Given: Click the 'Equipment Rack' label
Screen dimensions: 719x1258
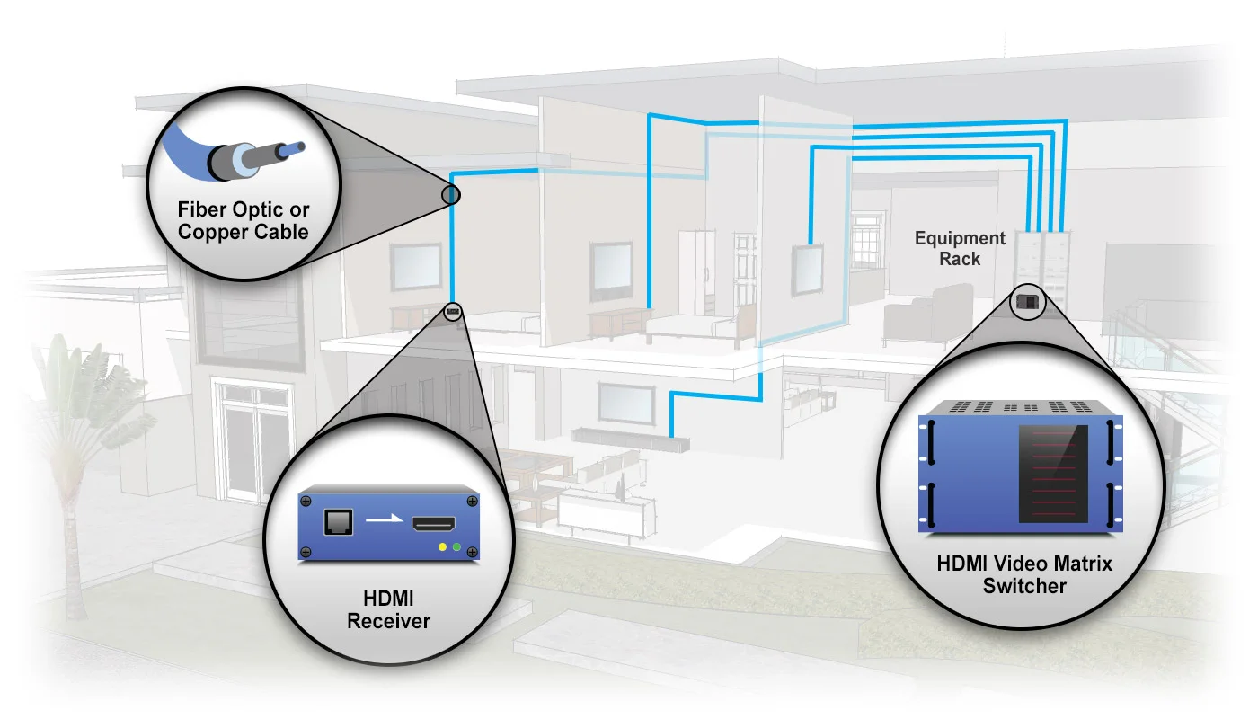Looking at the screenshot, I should click(960, 248).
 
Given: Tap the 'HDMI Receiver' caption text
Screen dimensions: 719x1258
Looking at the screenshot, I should click(388, 608).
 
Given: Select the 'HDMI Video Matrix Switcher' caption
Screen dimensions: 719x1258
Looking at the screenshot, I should click(1024, 574).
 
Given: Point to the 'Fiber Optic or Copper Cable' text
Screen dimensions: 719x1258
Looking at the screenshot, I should click(243, 220).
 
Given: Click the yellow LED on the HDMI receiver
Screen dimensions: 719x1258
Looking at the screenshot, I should click(441, 546).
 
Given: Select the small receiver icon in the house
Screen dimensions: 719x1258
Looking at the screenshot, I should click(452, 312).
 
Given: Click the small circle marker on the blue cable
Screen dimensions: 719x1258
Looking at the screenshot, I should click(451, 194).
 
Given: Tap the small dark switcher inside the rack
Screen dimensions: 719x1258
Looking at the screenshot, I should click(1029, 302).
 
